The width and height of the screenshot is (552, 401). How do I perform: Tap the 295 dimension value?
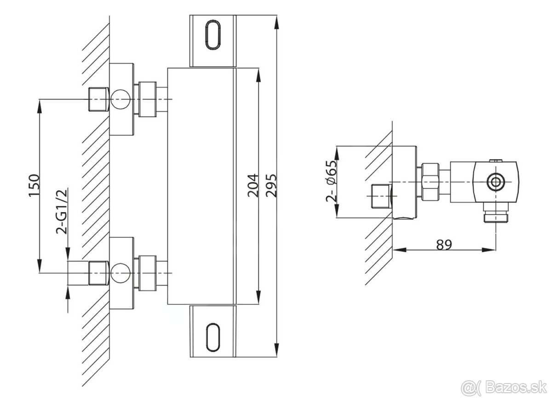271,186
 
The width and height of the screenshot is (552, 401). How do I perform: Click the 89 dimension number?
443,244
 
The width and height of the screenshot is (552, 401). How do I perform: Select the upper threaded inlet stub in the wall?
98,99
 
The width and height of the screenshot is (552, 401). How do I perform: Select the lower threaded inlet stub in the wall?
98,273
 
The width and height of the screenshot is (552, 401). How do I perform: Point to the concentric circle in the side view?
496,182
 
